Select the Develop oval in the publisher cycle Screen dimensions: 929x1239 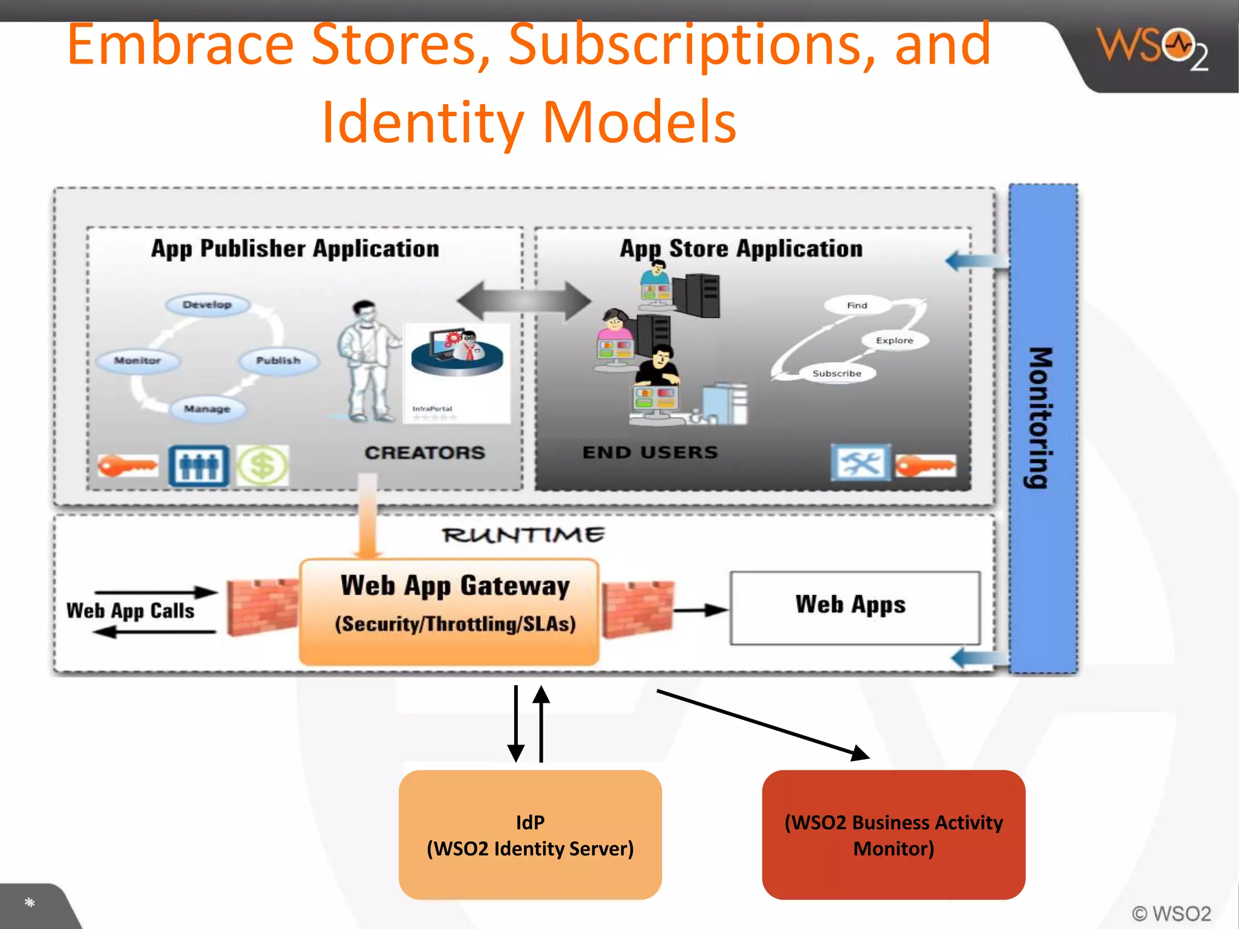click(208, 304)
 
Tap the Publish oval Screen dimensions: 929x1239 click(278, 360)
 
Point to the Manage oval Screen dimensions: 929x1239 click(208, 409)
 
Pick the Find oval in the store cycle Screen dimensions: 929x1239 click(857, 305)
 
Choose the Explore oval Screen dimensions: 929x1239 click(894, 341)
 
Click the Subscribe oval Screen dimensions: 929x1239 click(837, 374)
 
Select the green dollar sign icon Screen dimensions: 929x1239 click(262, 466)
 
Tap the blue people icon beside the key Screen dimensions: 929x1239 click(199, 466)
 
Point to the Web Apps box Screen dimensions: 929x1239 click(855, 607)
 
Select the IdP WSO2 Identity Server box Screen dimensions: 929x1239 click(530, 835)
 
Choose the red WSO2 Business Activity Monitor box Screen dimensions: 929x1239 click(894, 835)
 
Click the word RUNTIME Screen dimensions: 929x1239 click(523, 535)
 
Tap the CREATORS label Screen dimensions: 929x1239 click(425, 452)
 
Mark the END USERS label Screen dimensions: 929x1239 click(650, 452)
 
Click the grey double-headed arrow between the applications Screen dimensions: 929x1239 click(524, 301)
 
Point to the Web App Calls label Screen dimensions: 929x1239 click(131, 611)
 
